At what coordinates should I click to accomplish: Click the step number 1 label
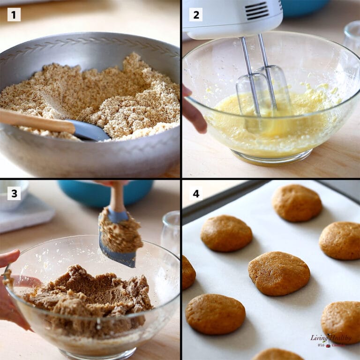[14, 15]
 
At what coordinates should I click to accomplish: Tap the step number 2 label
[196, 15]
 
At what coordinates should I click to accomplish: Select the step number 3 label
[14, 193]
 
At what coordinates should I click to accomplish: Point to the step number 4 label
[196, 193]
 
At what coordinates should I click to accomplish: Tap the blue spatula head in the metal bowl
[89, 131]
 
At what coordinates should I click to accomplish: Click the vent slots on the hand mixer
[257, 10]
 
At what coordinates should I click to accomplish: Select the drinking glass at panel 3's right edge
[172, 232]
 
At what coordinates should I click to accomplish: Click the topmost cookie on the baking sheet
[297, 202]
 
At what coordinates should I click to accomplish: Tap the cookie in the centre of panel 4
[278, 273]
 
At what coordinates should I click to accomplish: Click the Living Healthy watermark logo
[330, 340]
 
